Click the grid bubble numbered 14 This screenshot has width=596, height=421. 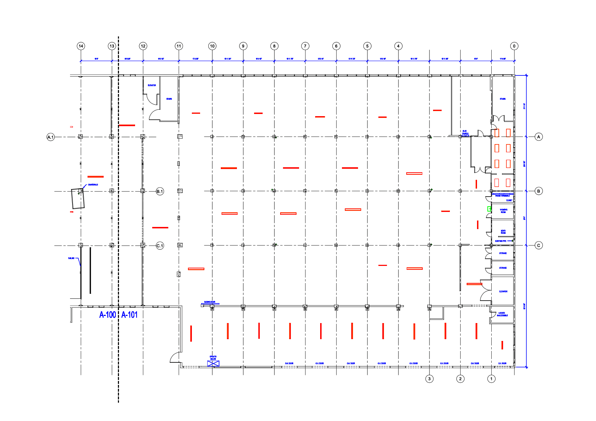coord(81,46)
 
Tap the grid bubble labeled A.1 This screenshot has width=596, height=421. coord(51,137)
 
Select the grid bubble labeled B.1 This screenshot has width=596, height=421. coord(160,192)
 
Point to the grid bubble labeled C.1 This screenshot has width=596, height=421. coord(160,246)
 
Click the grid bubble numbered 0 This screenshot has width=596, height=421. coord(514,46)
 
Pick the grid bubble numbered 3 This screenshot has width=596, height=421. coord(429,379)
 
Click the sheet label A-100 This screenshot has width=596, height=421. coord(108,315)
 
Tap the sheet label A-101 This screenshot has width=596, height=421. coord(129,315)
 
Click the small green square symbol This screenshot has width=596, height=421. coord(489,209)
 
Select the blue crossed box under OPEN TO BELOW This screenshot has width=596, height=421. coord(213,363)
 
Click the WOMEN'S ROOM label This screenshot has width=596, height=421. coord(503,211)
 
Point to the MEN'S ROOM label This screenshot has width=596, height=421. coord(503,232)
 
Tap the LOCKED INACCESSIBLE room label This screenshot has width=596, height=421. coord(502,314)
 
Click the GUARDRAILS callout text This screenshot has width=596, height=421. coord(93,185)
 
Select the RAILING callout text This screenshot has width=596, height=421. coord(71,258)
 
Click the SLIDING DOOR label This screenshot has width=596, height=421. coord(210,302)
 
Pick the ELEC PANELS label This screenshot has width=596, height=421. coord(465,132)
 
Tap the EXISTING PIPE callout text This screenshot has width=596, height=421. coord(501,241)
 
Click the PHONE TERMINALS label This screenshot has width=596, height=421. coord(502,196)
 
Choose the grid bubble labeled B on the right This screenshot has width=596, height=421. coord(538,191)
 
